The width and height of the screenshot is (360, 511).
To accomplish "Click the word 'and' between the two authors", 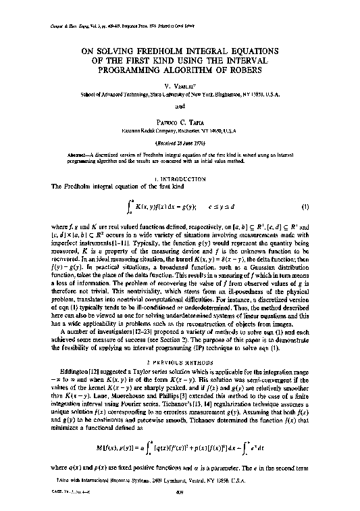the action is pyautogui.click(x=180, y=105).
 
